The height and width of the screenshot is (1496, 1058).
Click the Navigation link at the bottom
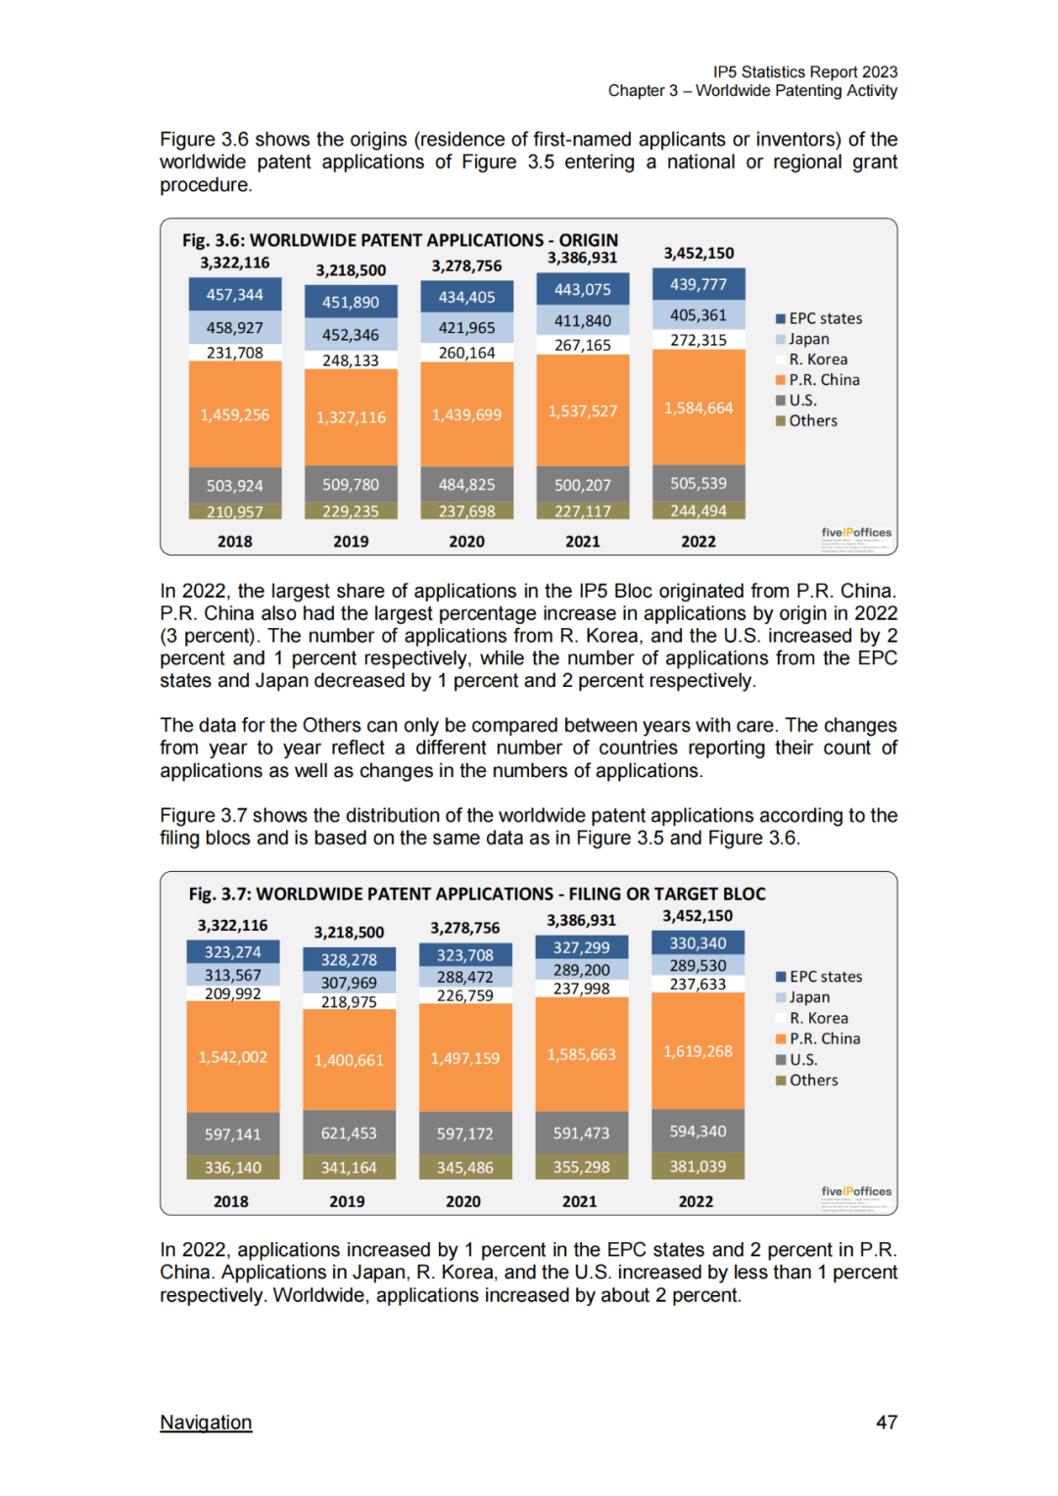coord(206,1422)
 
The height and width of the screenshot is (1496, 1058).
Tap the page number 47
coord(886,1422)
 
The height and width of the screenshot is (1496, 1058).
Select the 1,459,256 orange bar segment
coord(235,414)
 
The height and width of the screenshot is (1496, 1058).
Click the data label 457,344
coord(235,294)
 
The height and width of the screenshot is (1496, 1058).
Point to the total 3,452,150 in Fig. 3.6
coord(698,253)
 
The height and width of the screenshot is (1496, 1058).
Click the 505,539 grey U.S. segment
coord(698,483)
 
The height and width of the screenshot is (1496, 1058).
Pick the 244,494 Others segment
coord(698,510)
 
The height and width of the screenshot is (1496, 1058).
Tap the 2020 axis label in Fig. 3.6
coord(466,541)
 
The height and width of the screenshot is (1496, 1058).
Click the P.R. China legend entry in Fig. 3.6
coord(824,380)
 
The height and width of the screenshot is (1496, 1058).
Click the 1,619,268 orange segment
coord(697,1051)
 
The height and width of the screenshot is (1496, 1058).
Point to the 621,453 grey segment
coord(349,1133)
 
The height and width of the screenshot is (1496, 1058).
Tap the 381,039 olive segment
coord(697,1166)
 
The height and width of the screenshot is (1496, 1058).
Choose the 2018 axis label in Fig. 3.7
coord(231,1201)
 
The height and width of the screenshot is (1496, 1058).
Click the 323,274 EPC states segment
coord(233,951)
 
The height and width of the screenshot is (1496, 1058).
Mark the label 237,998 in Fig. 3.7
coord(582,989)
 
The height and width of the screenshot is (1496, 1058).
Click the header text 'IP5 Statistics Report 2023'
coord(804,72)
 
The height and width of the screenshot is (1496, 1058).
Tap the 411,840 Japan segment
coord(583,320)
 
